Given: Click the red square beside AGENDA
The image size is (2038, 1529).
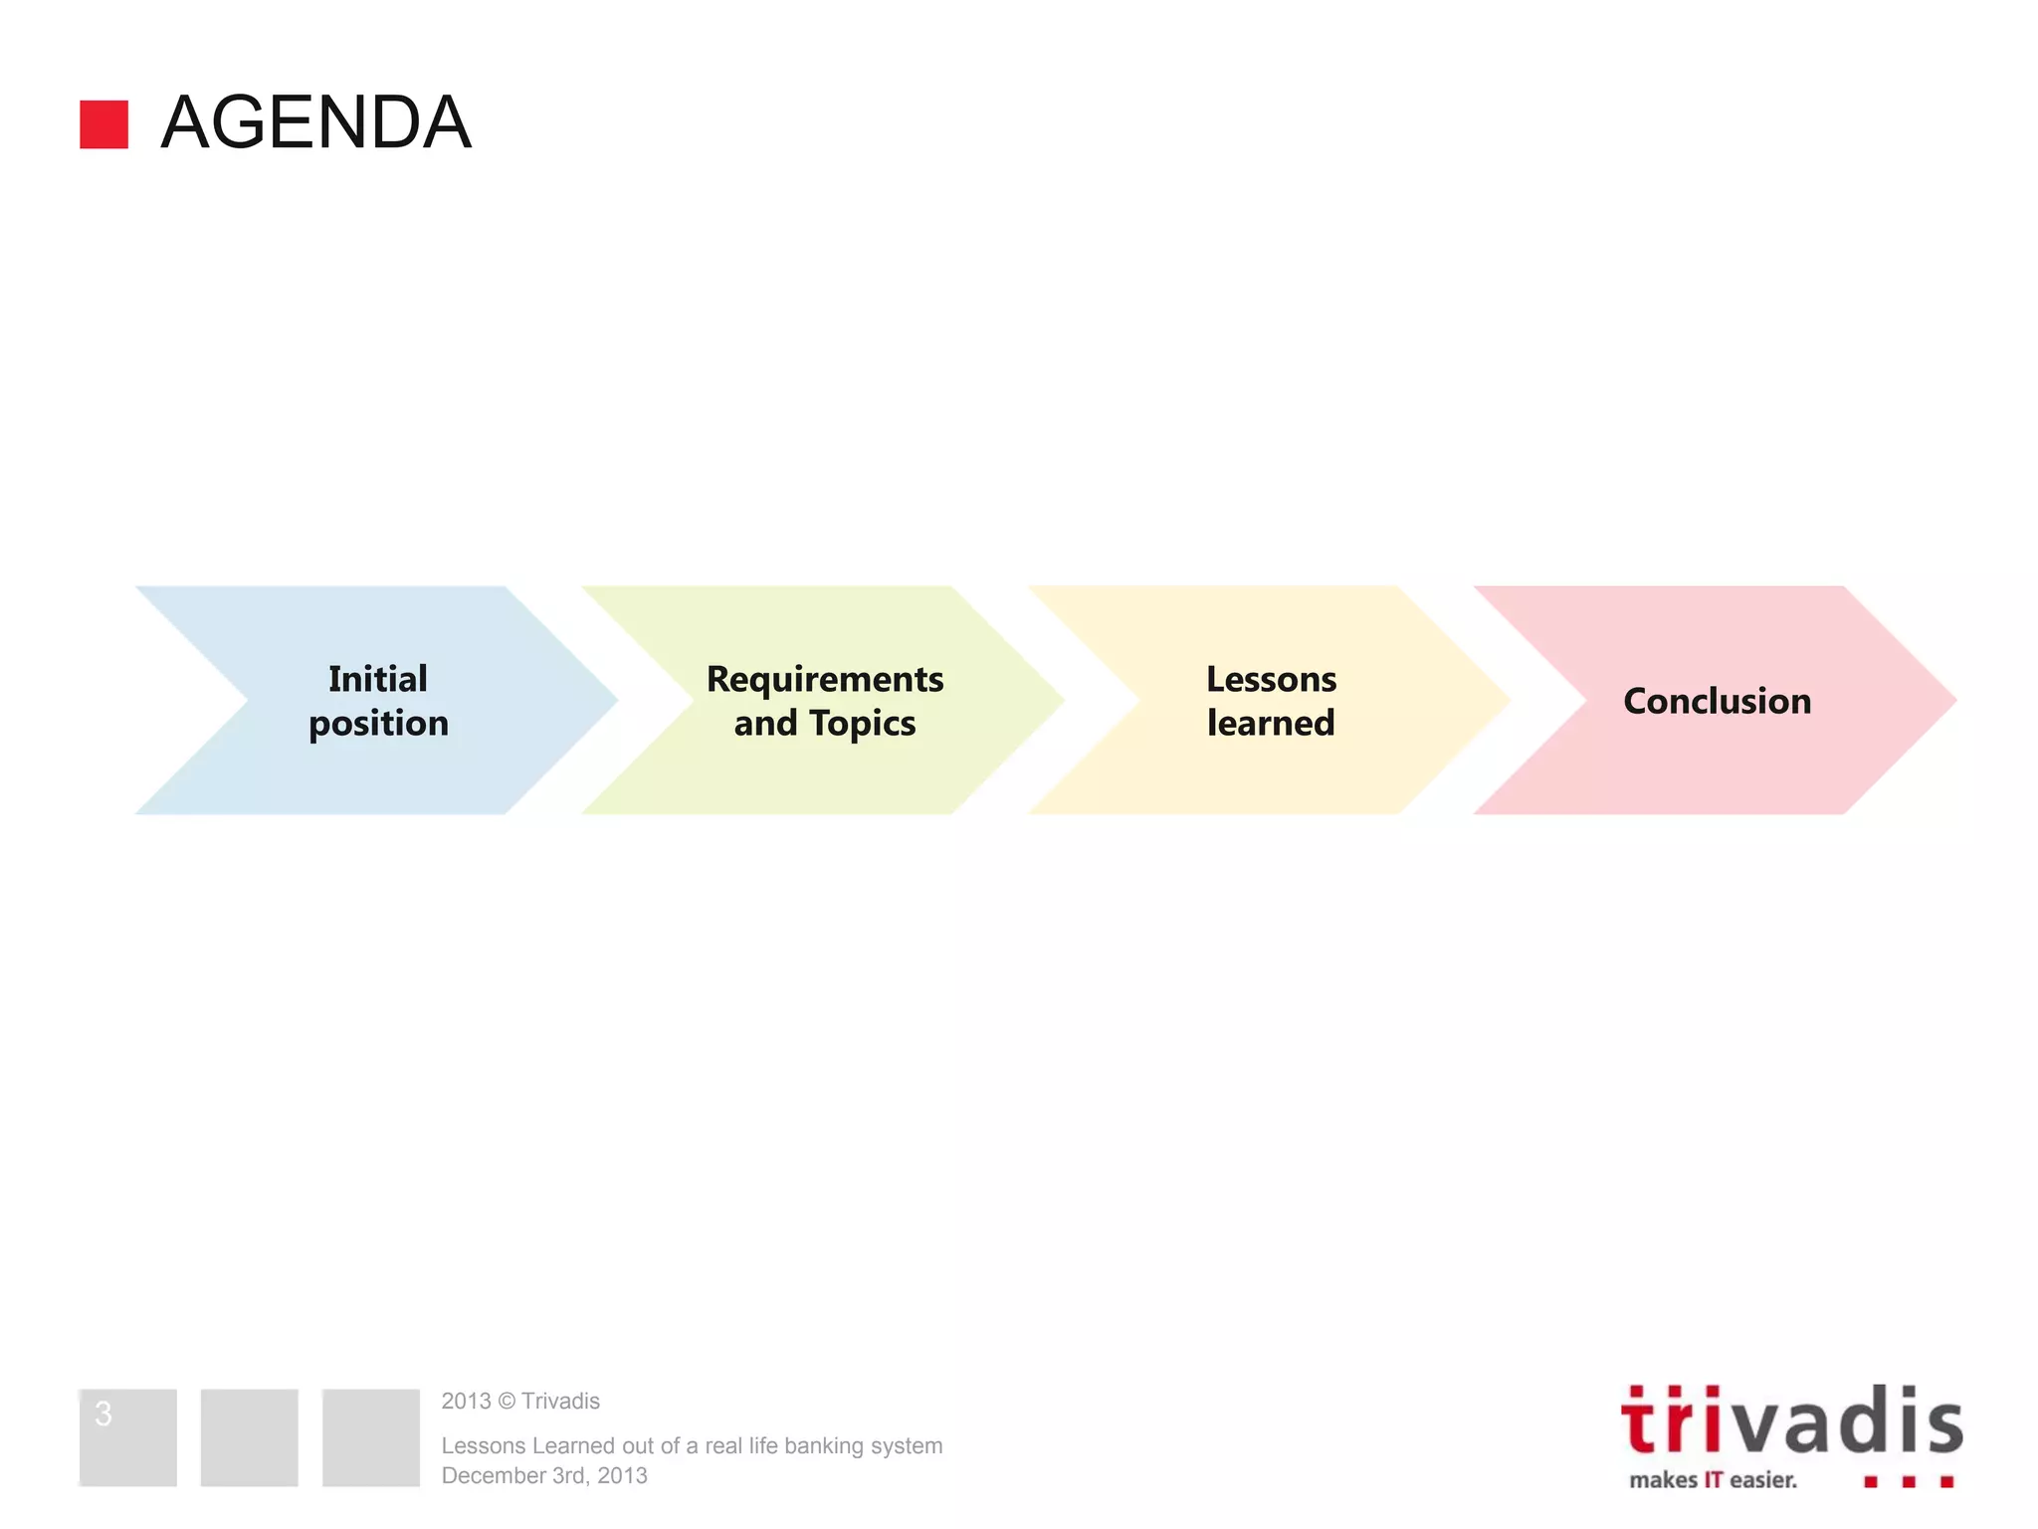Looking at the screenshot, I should pos(103,124).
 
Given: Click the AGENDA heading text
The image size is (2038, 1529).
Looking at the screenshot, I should pos(315,122).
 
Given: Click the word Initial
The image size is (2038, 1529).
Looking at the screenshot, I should pos(378,679).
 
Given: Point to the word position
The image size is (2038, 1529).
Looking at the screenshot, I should pos(378,724).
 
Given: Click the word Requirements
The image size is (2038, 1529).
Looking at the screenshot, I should pos(825,679).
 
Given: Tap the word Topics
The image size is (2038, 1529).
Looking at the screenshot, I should pos(862,724).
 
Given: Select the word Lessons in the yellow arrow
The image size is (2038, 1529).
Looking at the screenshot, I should pos(1271,679).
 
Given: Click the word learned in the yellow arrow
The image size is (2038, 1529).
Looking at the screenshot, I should pos(1271,724).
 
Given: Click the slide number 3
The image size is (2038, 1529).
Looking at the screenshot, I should pos(103,1413).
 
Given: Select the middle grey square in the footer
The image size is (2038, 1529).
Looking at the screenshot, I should pos(249,1437).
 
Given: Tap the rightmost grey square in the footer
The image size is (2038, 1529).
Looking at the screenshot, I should pos(370,1437).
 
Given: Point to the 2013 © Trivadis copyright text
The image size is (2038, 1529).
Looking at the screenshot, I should pos(520,1401).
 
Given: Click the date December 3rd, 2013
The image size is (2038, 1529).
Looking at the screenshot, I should pos(544,1475).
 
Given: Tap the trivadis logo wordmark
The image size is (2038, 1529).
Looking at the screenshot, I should pos(1791,1421).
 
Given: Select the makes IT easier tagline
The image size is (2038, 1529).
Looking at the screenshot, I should pos(1713,1480).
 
